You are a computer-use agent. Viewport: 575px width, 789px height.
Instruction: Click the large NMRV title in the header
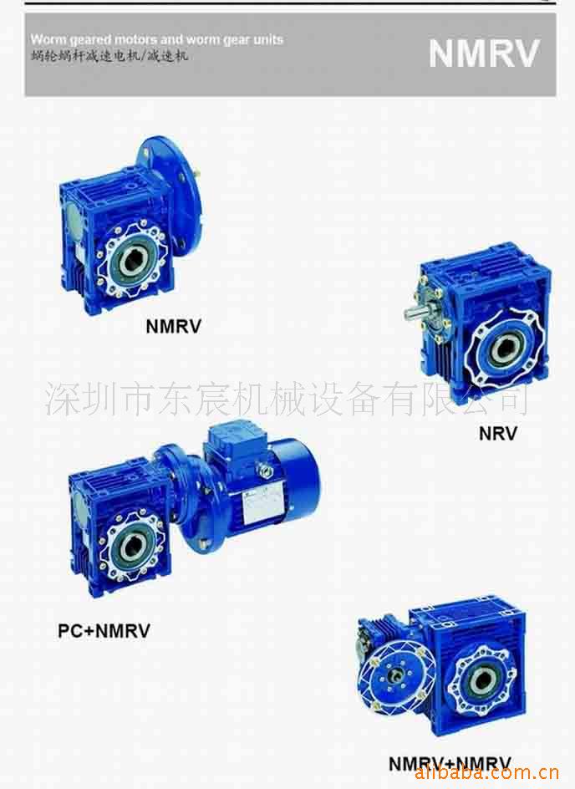tap(484, 53)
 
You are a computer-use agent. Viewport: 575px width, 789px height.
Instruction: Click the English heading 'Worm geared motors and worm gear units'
tap(156, 39)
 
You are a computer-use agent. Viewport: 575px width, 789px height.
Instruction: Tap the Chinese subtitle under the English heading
tap(109, 56)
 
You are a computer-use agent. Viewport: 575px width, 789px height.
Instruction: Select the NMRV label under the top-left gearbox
tap(173, 326)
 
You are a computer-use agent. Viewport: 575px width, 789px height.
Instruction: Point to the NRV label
tap(497, 433)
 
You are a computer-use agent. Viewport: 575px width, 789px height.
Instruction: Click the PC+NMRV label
tap(104, 631)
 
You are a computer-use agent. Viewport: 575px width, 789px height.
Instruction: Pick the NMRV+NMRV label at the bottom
tap(449, 763)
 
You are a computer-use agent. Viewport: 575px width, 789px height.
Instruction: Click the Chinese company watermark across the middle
tap(287, 399)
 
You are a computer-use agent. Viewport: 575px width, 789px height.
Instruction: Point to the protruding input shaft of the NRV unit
tap(415, 313)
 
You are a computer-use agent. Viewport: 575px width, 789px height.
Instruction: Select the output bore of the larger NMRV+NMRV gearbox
tap(483, 681)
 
